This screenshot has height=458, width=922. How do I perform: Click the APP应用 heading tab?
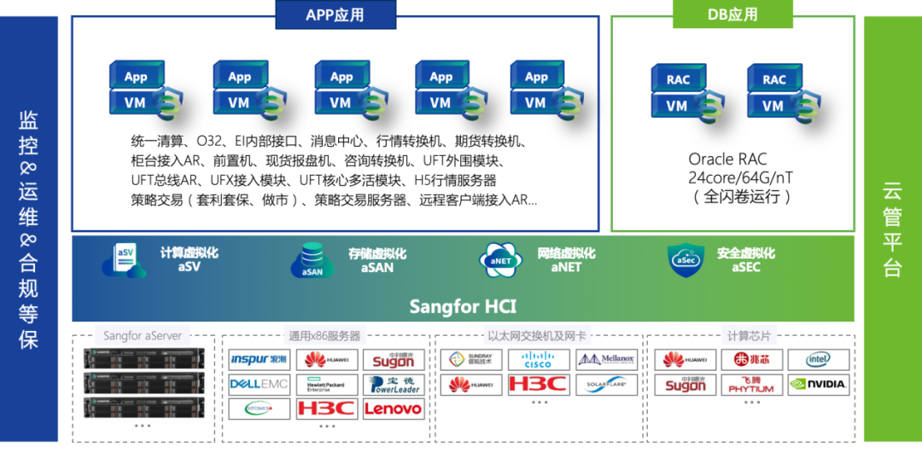(x=335, y=14)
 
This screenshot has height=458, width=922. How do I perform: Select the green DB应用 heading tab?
(x=732, y=14)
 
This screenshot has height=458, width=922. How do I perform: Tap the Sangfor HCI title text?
(x=462, y=306)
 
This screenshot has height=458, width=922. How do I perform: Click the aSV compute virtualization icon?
(x=124, y=260)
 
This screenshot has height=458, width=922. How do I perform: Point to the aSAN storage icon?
(x=312, y=261)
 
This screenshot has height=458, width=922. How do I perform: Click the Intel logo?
(x=818, y=360)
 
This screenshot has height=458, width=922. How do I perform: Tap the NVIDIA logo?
(x=818, y=385)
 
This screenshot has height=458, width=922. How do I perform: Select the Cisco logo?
(x=539, y=360)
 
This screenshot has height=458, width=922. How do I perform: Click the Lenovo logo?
(x=393, y=409)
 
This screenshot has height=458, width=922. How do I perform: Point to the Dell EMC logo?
(x=259, y=385)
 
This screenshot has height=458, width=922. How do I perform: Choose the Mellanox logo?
(x=606, y=360)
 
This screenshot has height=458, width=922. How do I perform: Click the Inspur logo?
(x=259, y=360)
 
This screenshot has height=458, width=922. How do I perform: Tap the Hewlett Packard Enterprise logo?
(x=326, y=385)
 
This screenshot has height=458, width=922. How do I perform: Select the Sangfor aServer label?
(x=143, y=335)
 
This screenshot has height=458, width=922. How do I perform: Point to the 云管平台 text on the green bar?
(x=892, y=229)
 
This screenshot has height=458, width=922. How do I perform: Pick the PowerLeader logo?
(x=393, y=385)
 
